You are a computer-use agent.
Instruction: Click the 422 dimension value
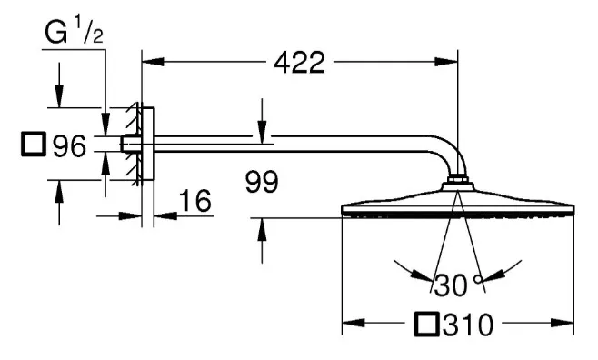[x=299, y=63]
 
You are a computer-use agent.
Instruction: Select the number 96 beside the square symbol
[x=68, y=145]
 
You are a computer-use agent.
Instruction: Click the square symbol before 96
[x=34, y=145]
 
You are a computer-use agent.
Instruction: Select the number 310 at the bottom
[x=473, y=324]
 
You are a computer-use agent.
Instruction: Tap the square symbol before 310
[x=425, y=324]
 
